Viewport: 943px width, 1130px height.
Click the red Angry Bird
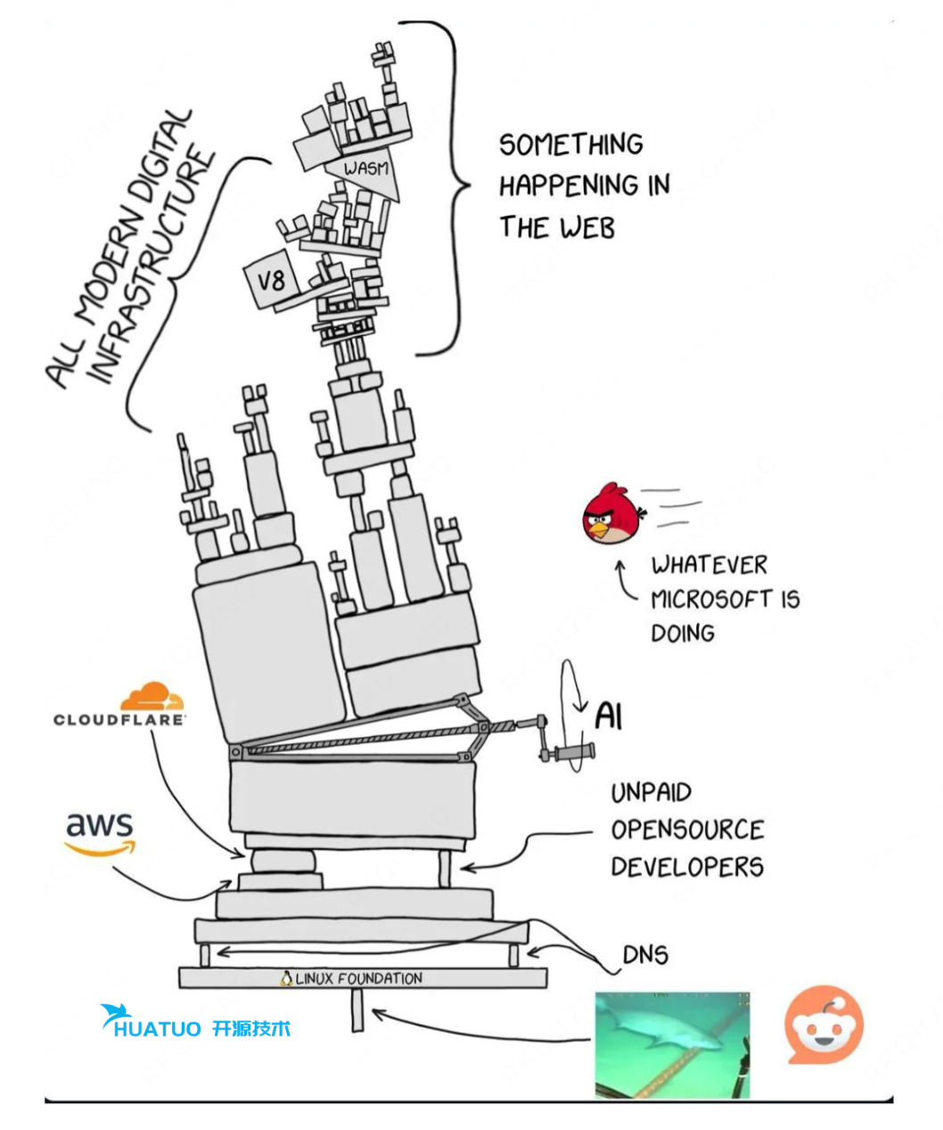coord(611,514)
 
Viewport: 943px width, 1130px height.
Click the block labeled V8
coord(271,282)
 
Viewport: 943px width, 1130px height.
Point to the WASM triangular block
coord(368,172)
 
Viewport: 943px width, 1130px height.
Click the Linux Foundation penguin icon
coord(286,979)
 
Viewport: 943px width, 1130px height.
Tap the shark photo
coord(672,1044)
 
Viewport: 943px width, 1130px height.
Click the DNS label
coord(645,954)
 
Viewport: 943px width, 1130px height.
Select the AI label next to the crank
coord(608,715)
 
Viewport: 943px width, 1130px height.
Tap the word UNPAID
coord(651,792)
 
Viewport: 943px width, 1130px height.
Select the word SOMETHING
coord(570,144)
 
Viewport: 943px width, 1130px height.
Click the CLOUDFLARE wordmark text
coord(119,719)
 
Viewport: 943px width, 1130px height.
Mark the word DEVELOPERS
coord(686,867)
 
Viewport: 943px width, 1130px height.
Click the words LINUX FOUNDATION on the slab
coord(359,979)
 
